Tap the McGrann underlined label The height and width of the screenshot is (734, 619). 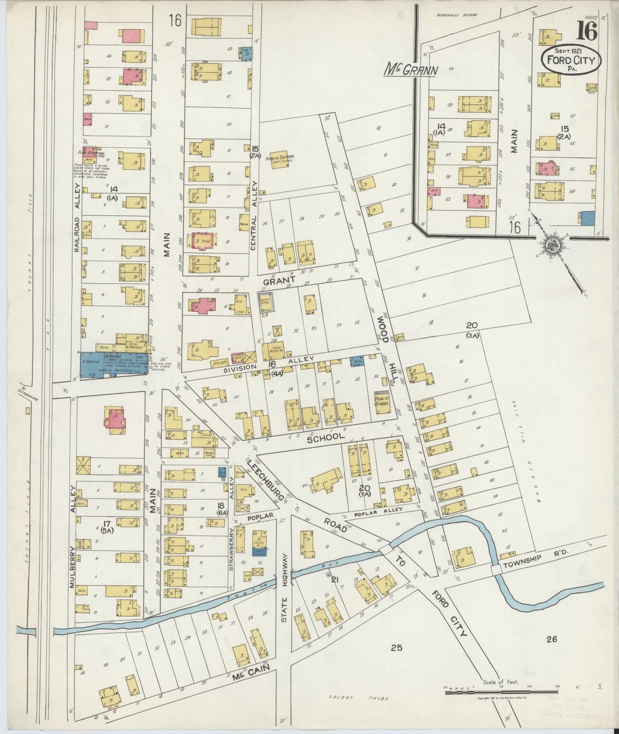(x=410, y=69)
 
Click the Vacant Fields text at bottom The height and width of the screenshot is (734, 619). (x=359, y=698)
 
